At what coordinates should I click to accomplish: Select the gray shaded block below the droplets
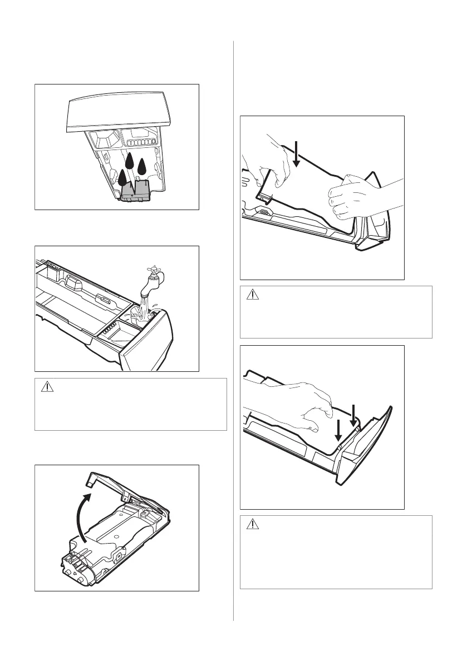pos(136,192)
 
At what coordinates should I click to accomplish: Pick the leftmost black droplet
pos(122,177)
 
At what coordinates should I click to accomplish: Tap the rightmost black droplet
pos(142,167)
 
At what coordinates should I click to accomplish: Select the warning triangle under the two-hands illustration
pos(253,295)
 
